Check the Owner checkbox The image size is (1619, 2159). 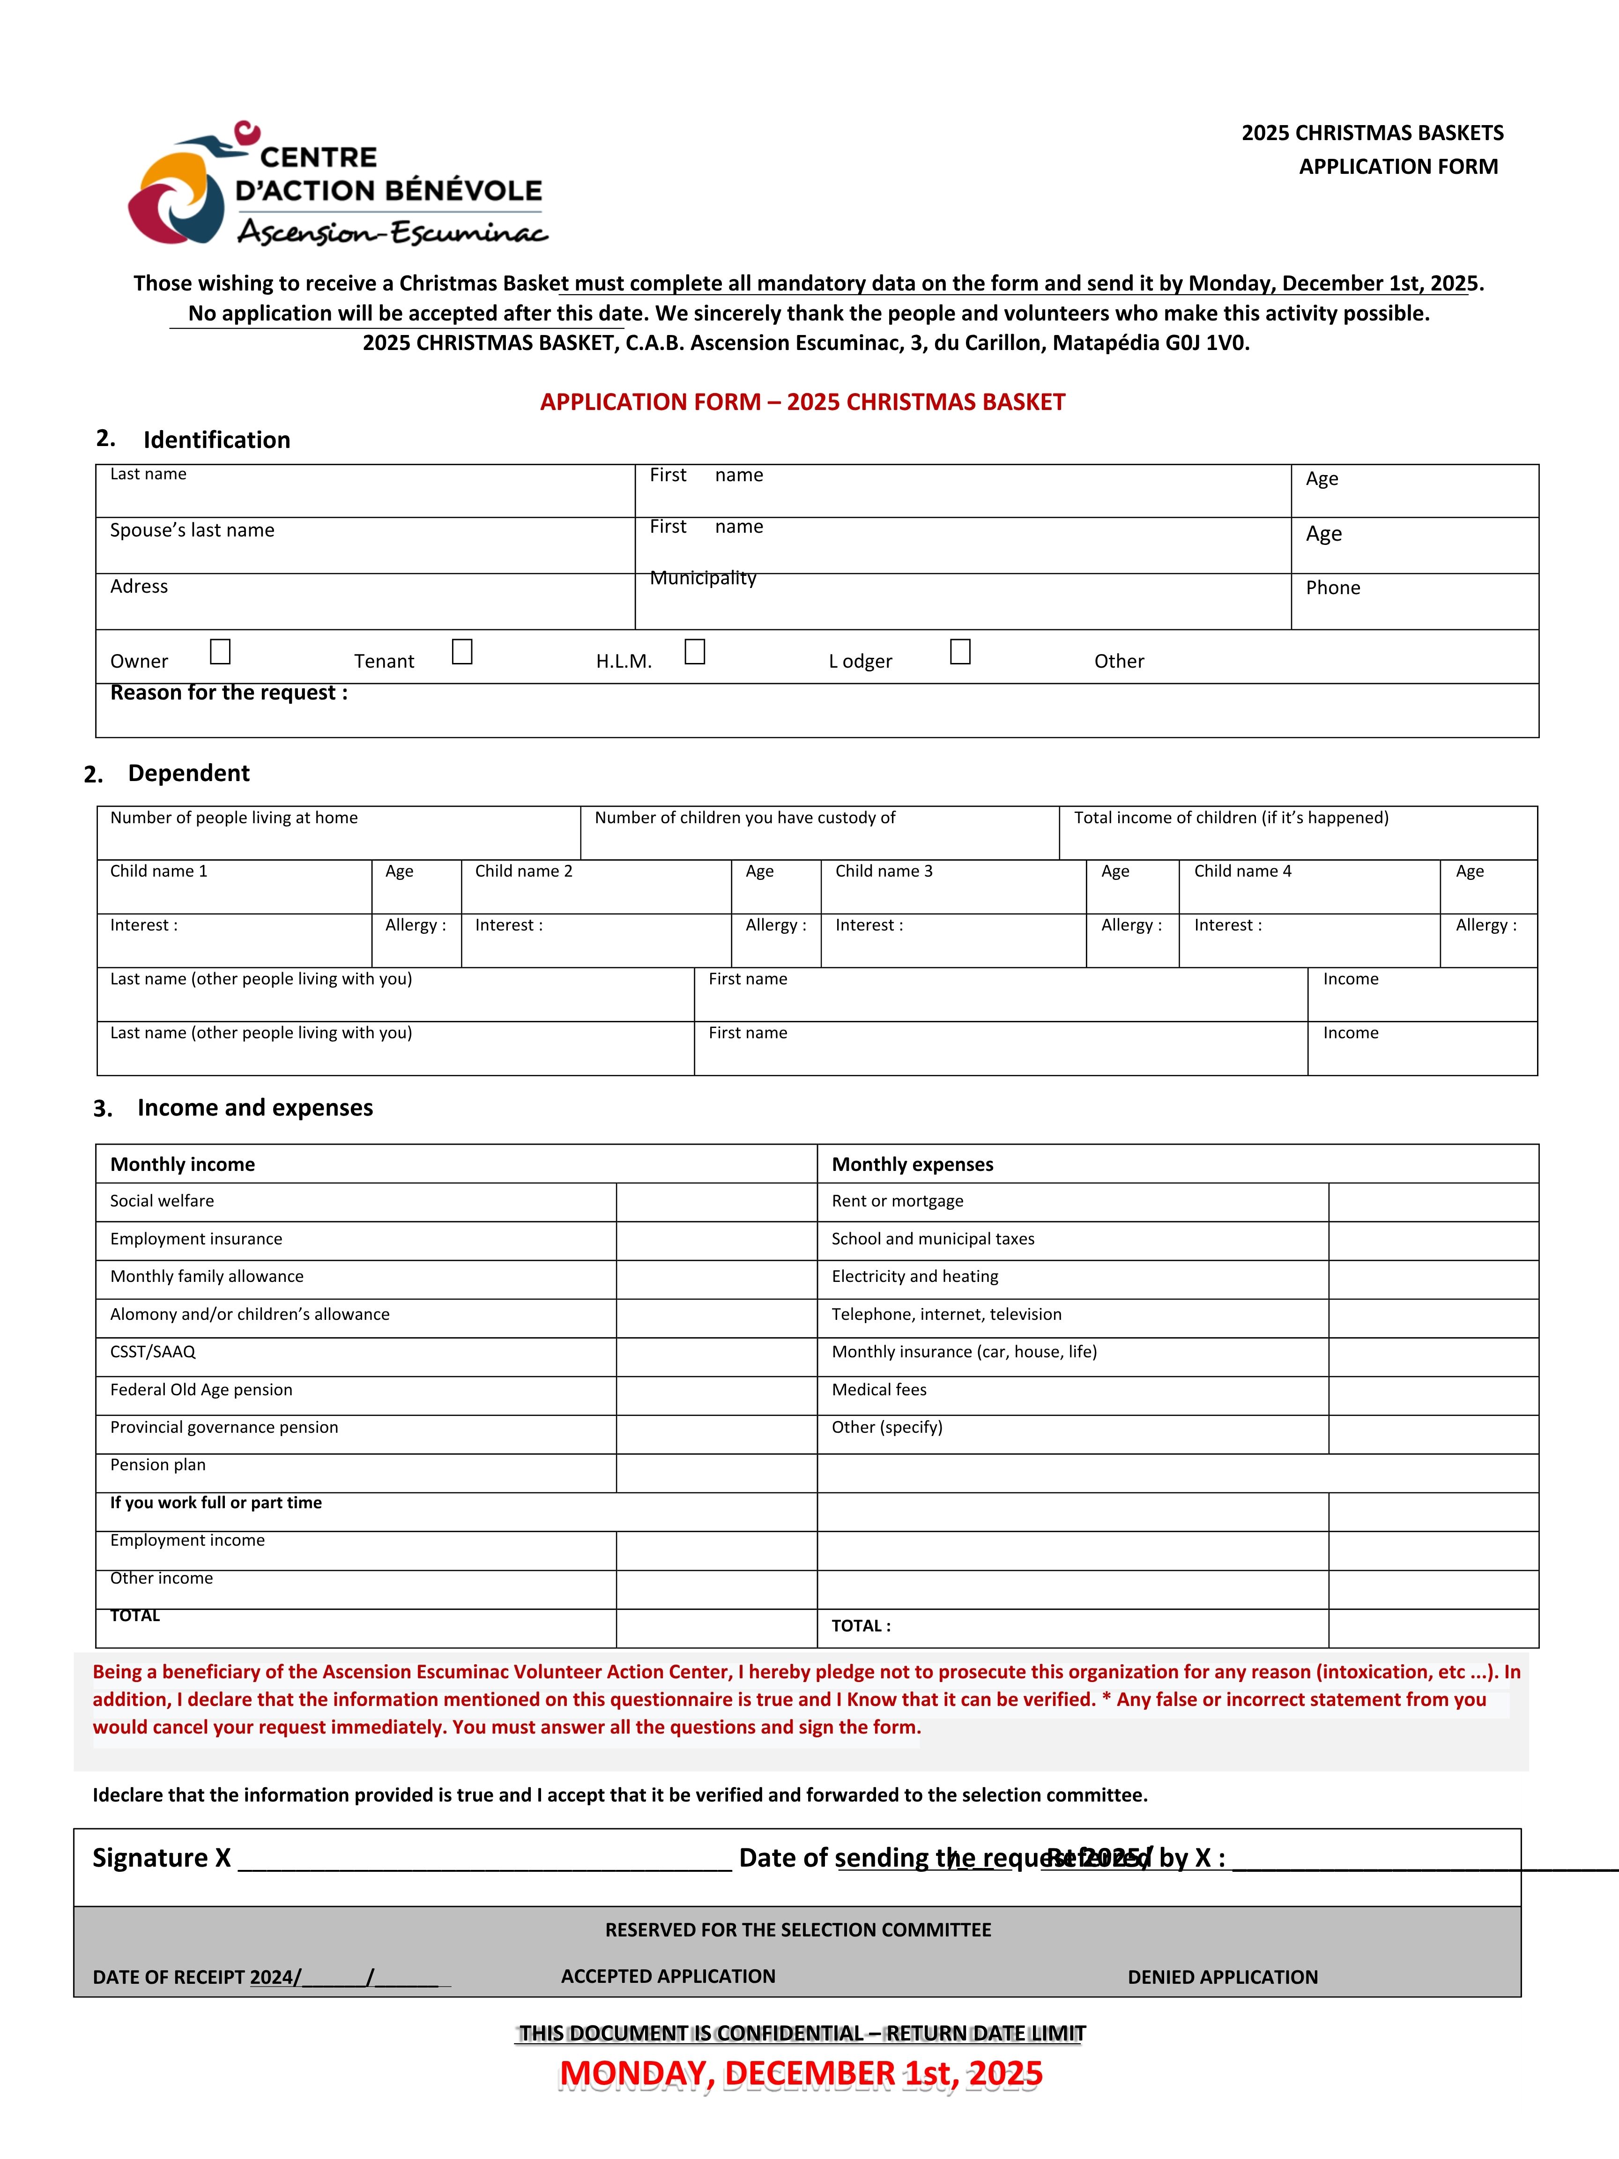(x=221, y=651)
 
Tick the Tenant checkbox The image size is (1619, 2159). (x=462, y=651)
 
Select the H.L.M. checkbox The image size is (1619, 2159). (x=695, y=651)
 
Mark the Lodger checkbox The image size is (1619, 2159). (x=960, y=651)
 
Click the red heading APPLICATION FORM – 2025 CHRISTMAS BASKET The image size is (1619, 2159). (x=802, y=402)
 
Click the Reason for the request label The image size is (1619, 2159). (x=228, y=693)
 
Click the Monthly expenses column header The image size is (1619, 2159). (x=913, y=1164)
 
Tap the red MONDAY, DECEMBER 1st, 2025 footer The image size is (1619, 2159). (x=800, y=2074)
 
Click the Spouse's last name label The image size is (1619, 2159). (x=192, y=530)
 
